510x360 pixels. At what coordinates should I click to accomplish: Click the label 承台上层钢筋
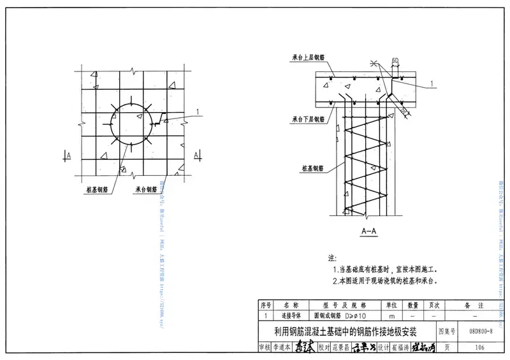pyautogui.click(x=309, y=57)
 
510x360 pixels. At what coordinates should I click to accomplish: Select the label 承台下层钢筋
pyautogui.click(x=309, y=119)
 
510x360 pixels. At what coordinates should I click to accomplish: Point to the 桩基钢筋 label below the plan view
pyautogui.click(x=96, y=189)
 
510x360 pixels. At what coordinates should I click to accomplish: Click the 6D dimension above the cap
pyautogui.click(x=395, y=61)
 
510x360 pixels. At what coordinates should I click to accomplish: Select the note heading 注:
pyautogui.click(x=331, y=258)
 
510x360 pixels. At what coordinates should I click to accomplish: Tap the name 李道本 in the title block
pyautogui.click(x=282, y=348)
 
